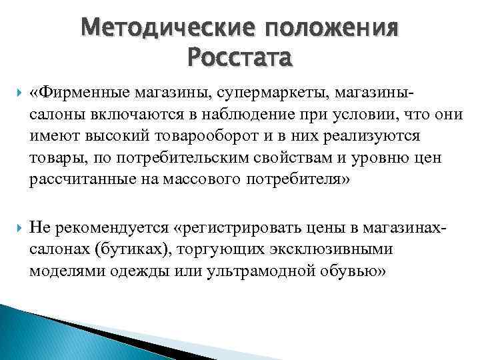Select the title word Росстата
tap(239, 58)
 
